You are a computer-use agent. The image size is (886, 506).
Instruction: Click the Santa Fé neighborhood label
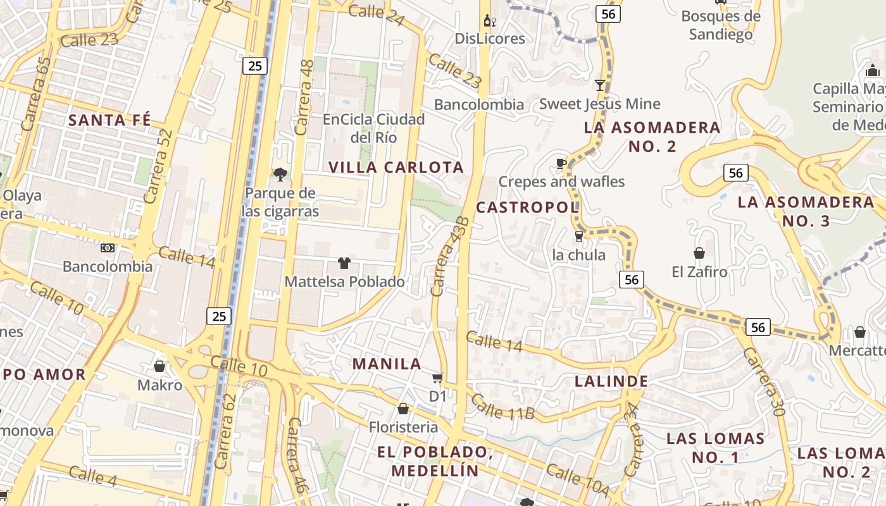point(109,120)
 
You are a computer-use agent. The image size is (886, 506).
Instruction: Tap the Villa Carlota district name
point(397,168)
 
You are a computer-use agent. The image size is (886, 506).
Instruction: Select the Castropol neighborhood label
point(527,207)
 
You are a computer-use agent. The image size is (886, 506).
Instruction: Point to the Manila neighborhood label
point(387,364)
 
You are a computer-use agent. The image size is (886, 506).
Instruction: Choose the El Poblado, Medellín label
point(435,461)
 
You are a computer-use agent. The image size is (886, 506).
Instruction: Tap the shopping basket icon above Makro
point(159,366)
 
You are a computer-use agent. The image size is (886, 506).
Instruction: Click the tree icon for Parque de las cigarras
point(279,174)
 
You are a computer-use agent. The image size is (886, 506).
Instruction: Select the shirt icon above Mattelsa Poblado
point(344,262)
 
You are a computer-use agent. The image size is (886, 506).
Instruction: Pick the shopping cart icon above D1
point(437,378)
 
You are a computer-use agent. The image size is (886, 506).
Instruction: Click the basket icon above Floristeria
point(403,409)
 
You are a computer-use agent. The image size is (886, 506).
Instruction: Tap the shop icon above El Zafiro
point(699,253)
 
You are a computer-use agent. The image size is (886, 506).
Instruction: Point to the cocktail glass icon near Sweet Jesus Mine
point(600,85)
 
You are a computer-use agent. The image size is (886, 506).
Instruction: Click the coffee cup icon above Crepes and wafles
point(561,164)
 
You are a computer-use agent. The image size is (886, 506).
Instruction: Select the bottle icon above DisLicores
point(490,20)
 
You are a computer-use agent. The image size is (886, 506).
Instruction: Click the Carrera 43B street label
point(450,256)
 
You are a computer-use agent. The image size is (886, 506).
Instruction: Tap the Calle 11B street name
point(503,407)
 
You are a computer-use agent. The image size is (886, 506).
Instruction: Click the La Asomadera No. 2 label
point(652,137)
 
